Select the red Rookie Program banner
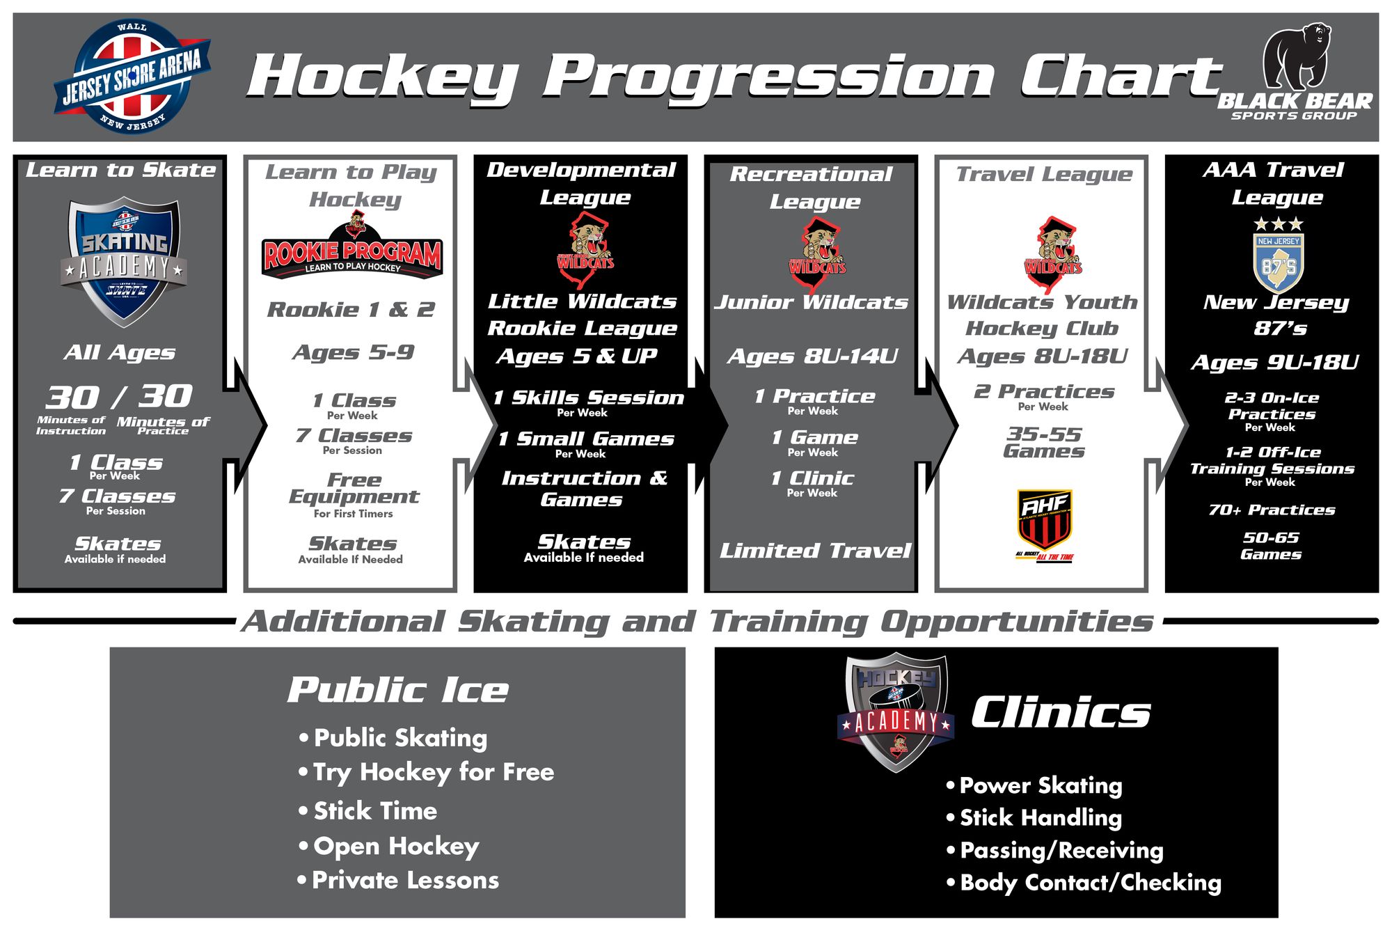352,256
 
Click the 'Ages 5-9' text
354,352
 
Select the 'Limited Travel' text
814,551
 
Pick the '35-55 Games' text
1044,443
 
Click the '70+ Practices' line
1272,510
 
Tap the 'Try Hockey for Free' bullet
433,772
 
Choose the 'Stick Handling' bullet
1040,818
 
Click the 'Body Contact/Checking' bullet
1090,883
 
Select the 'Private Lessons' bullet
405,881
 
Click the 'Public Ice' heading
398,691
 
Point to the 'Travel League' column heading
1043,174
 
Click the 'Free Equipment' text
354,488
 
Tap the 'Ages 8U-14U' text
812,356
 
